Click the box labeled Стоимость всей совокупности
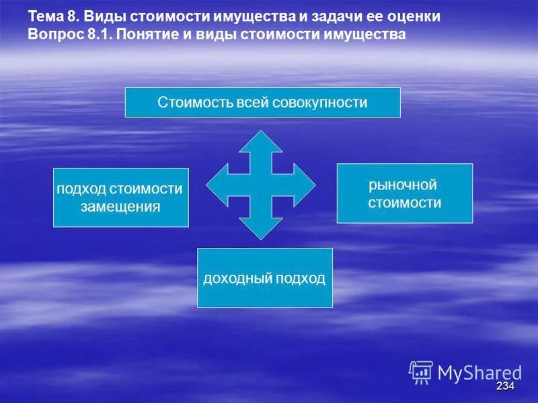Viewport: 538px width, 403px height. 262,103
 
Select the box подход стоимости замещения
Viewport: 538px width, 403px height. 121,197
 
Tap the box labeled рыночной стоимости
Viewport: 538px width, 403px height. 404,193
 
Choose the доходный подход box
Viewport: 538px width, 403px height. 264,278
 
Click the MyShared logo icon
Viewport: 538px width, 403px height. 421,372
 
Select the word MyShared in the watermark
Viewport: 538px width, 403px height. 479,373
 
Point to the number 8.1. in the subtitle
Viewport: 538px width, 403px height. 98,34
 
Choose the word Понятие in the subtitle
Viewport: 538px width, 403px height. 145,34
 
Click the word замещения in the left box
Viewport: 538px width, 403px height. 121,207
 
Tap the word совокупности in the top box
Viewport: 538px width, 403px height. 328,103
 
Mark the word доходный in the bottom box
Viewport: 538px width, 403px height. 233,278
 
